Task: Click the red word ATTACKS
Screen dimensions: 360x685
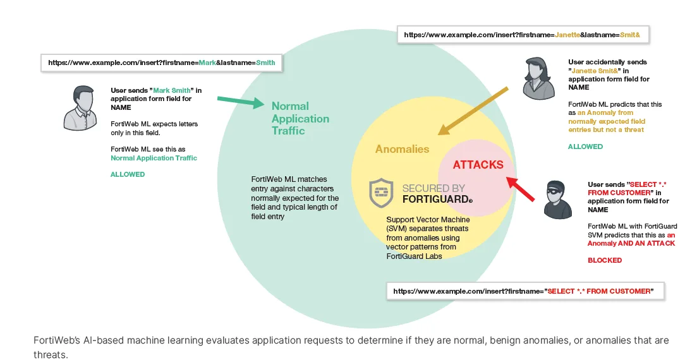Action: tap(478, 165)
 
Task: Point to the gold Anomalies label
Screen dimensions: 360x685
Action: tap(402, 149)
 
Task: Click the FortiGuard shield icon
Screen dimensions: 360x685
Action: tap(382, 193)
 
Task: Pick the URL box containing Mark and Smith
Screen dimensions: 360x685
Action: tap(161, 63)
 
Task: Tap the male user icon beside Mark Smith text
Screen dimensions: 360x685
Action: tap(80, 107)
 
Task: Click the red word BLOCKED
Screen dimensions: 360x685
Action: tap(605, 260)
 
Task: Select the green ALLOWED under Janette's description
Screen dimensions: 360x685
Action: tap(585, 147)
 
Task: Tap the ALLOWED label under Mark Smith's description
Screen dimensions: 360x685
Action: tap(128, 174)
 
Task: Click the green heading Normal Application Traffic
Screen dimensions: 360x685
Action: tap(300, 118)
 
